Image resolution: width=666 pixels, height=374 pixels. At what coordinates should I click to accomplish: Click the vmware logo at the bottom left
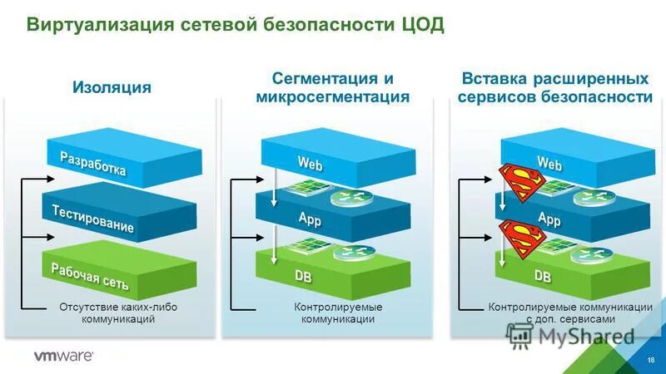(63, 357)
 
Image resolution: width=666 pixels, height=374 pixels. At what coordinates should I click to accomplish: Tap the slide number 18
(650, 358)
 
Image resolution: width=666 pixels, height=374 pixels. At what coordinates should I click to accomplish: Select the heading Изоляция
(112, 87)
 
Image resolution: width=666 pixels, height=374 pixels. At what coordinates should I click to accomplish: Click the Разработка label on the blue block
(93, 164)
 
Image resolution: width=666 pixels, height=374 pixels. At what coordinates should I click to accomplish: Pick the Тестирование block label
(93, 219)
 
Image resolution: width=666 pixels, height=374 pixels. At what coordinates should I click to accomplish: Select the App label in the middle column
(310, 219)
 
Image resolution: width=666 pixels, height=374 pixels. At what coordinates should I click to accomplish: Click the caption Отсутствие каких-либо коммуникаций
(118, 313)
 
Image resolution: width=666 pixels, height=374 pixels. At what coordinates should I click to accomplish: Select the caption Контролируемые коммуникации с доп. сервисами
(570, 313)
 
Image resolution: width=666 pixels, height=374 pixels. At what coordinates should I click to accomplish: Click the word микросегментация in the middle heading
(333, 97)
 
